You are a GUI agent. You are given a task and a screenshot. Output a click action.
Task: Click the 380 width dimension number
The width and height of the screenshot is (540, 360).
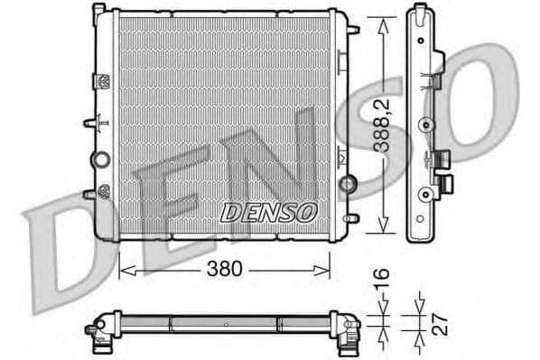pyautogui.click(x=225, y=270)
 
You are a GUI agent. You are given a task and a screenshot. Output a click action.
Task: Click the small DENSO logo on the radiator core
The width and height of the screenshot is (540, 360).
pyautogui.click(x=269, y=212)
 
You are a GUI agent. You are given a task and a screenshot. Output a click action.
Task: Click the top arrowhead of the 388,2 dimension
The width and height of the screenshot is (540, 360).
pyautogui.click(x=385, y=19)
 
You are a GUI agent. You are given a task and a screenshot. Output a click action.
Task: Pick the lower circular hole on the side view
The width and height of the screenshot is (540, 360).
pyautogui.click(x=423, y=191)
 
